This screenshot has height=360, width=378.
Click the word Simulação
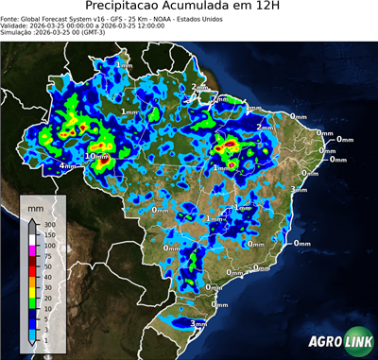(x=18, y=35)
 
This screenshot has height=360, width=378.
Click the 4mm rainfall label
(x=68, y=166)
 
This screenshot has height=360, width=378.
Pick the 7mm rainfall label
(x=218, y=97)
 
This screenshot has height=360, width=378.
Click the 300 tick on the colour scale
(x=50, y=225)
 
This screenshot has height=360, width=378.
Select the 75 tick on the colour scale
(x=48, y=256)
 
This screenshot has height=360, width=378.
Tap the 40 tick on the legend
(x=48, y=276)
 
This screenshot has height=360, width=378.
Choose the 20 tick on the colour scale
(x=48, y=297)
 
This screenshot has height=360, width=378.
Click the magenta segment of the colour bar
(x=32, y=250)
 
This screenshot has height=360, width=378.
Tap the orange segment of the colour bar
(x=32, y=282)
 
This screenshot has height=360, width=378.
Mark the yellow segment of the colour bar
(x=32, y=292)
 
